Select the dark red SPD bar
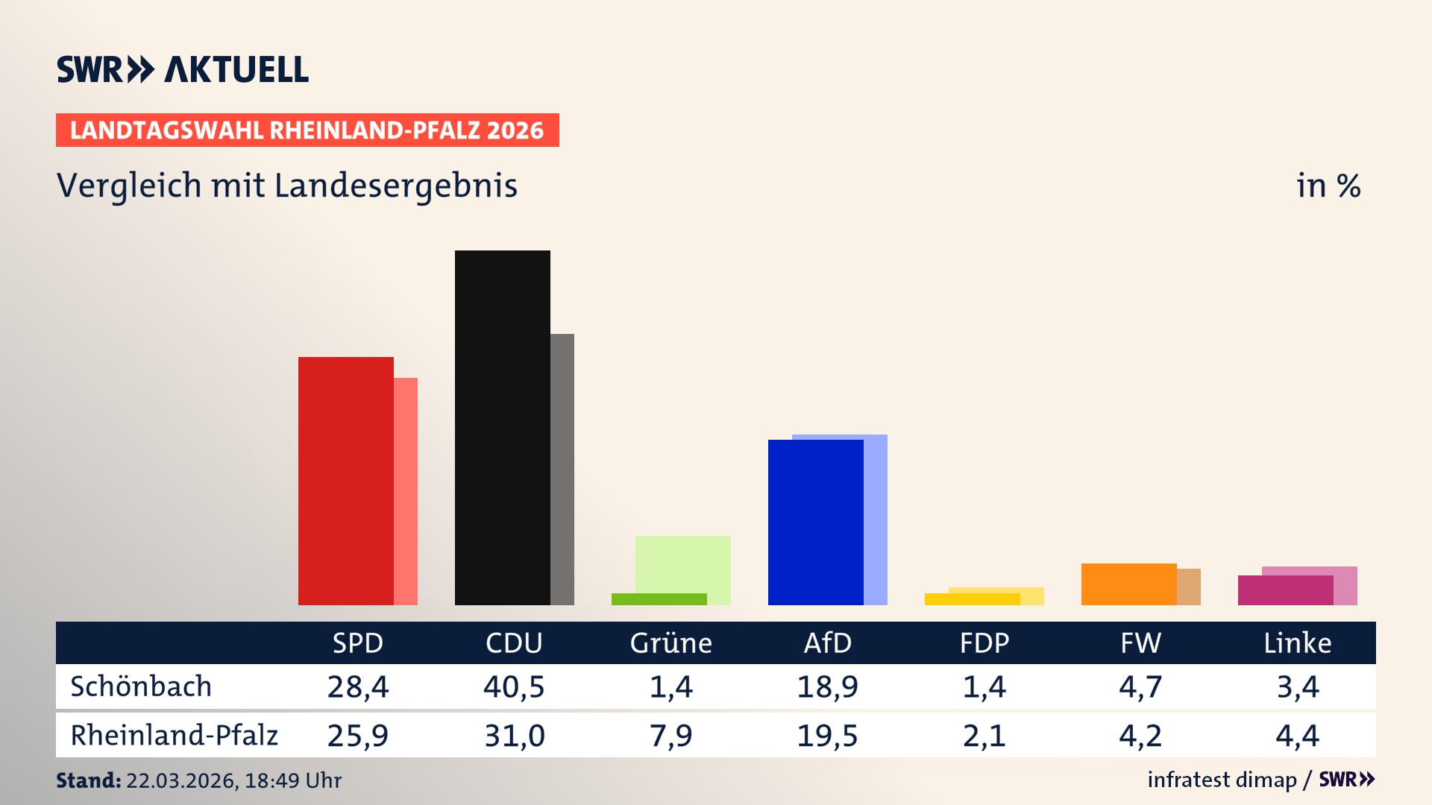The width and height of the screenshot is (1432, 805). tap(345, 481)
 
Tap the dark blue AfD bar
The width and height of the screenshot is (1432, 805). tap(815, 522)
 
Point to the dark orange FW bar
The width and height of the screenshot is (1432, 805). tap(1128, 584)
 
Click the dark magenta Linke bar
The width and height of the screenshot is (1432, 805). tap(1285, 590)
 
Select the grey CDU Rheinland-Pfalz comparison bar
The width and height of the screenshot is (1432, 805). tap(562, 469)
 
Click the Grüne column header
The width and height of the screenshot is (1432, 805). tap(671, 643)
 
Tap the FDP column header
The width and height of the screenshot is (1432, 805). tap(984, 643)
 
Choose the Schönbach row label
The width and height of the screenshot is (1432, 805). tap(141, 686)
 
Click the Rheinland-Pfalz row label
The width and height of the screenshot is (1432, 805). tap(174, 736)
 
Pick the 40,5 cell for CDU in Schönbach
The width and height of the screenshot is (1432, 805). tap(514, 686)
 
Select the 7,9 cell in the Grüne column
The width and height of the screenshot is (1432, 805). tap(671, 736)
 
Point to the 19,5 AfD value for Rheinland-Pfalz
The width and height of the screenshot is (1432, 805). tap(827, 736)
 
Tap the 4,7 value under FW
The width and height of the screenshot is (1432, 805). tap(1140, 686)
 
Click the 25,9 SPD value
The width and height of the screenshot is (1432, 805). tap(357, 736)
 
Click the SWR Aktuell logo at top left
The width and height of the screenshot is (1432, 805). tap(182, 69)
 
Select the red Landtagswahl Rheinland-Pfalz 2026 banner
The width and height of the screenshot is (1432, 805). tap(307, 130)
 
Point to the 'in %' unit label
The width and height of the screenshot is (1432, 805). tap(1328, 186)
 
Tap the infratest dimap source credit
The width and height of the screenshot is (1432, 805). tap(1221, 780)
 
